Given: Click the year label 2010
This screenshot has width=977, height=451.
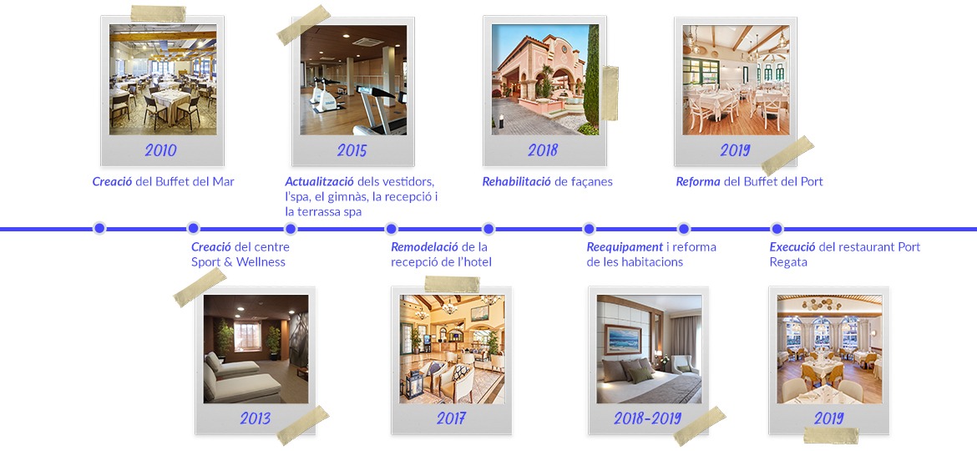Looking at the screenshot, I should [160, 150].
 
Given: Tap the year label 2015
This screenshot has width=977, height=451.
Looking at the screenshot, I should [352, 150].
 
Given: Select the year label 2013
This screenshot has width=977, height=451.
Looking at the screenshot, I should [255, 418].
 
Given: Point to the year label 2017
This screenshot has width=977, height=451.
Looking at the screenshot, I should [451, 418].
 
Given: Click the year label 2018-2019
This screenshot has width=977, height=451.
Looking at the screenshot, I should [647, 418].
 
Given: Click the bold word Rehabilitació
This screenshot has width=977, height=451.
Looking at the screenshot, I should [516, 181].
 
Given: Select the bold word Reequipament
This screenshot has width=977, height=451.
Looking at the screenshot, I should [625, 246].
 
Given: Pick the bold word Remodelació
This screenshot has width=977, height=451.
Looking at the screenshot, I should [424, 246].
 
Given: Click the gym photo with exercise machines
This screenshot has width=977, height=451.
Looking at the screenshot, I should [353, 80].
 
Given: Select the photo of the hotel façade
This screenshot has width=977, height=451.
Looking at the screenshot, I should [544, 80].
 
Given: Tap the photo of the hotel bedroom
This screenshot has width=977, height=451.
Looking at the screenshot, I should [649, 349].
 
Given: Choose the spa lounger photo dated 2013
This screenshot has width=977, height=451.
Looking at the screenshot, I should [256, 349].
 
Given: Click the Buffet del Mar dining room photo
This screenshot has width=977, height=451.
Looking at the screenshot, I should [162, 80].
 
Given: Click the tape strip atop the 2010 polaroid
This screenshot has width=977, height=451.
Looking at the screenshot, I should [159, 14].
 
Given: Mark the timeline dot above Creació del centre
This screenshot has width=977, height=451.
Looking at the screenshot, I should [194, 228].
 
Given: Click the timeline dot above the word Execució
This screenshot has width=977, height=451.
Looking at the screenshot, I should [777, 228].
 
